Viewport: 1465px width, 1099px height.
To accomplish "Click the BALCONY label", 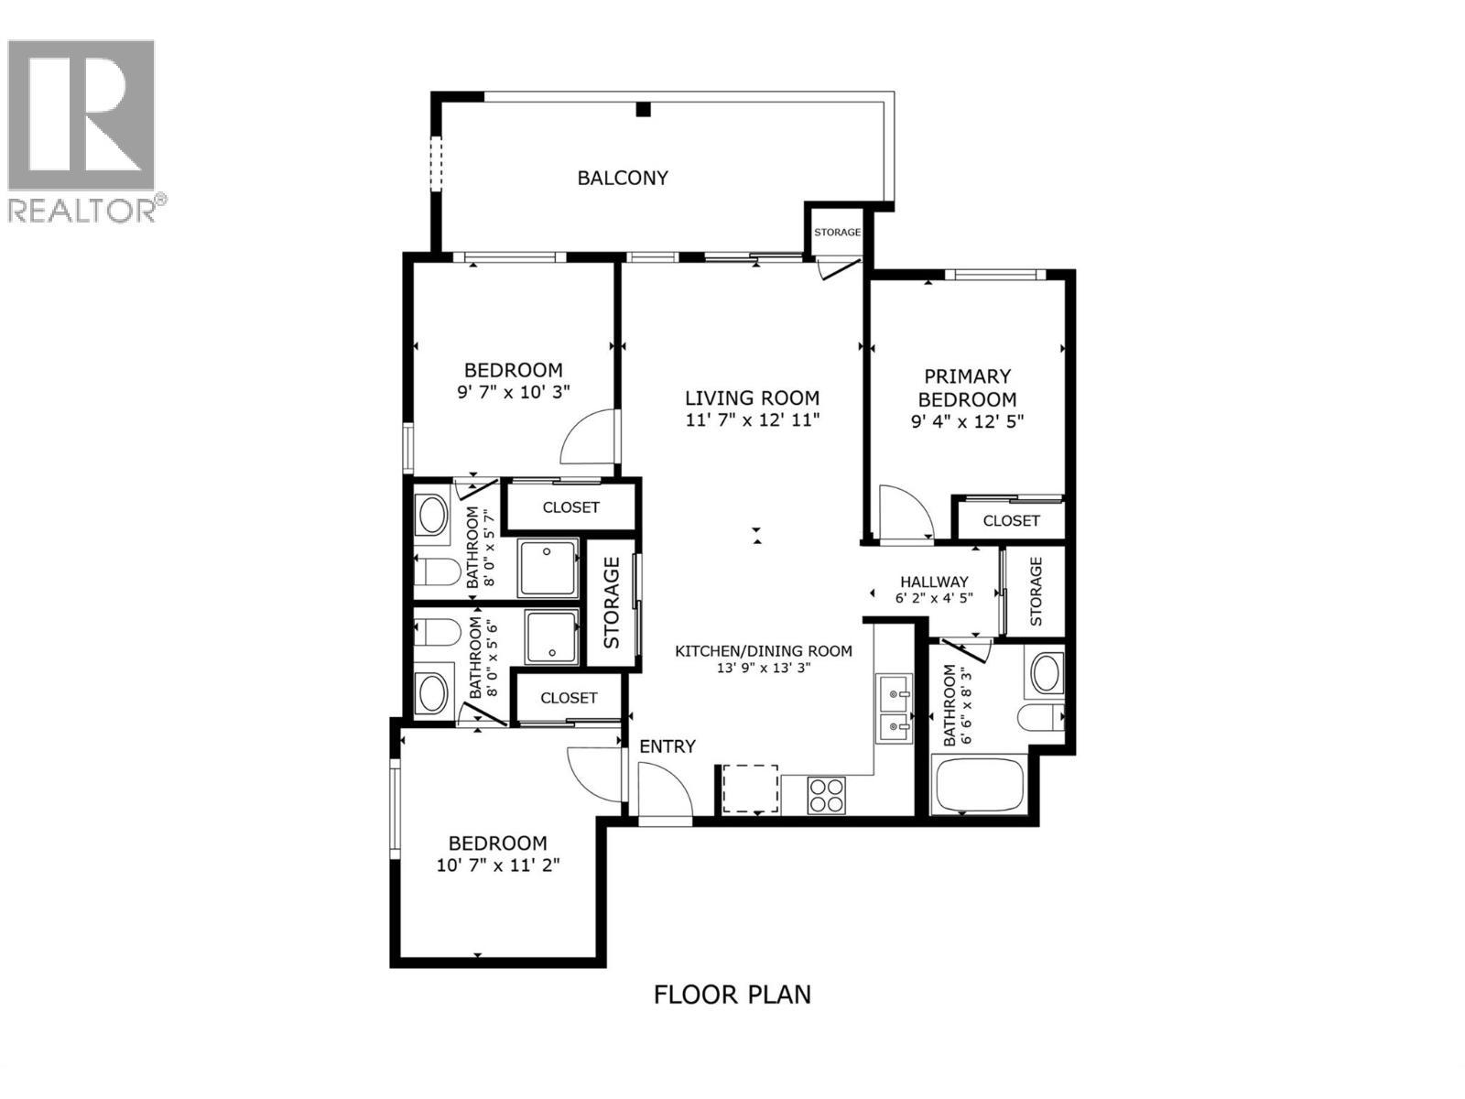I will [x=622, y=178].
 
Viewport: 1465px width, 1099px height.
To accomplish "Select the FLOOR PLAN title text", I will [x=732, y=994].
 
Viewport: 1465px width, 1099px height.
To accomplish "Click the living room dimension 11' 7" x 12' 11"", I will [x=752, y=420].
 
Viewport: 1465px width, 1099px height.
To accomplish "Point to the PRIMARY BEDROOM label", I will [x=967, y=387].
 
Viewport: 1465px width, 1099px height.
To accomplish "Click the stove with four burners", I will [x=828, y=793].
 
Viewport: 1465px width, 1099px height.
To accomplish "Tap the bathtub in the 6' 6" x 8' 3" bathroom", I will [x=980, y=784].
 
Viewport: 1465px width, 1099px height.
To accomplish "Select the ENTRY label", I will [x=667, y=746].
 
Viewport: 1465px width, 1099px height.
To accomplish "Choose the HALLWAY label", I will [x=933, y=582].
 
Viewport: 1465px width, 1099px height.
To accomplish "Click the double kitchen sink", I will [x=893, y=710].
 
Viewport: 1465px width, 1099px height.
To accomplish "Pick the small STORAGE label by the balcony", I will [x=837, y=232].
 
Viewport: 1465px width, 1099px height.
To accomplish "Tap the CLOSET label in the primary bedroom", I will [x=1011, y=520].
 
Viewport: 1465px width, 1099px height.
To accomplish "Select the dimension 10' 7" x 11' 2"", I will [x=497, y=865].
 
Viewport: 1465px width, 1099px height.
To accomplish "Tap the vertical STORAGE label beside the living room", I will [x=612, y=602].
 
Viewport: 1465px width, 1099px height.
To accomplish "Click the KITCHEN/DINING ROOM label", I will [x=763, y=651].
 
